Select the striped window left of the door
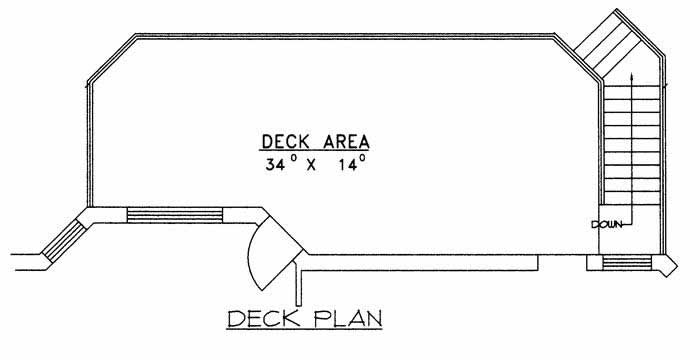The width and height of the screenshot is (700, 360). click(174, 213)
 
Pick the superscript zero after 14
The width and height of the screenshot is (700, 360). click(362, 157)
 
